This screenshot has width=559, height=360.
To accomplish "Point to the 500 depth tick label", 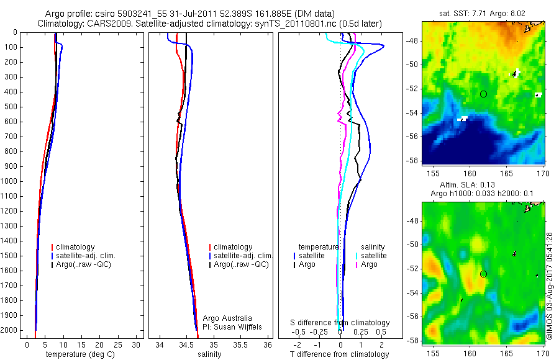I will click(10, 107).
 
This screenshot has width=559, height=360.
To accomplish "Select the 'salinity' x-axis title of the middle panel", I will click(209, 354).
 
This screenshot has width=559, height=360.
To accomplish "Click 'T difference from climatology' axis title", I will click(339, 354).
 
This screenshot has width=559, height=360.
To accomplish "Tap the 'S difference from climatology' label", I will click(340, 323).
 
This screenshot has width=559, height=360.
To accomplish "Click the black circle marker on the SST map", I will click(483, 94).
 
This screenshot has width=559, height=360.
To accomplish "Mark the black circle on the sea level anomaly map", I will click(483, 274).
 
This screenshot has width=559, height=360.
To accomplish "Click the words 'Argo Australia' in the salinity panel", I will click(227, 318).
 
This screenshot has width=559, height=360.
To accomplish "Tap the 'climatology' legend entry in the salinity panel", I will click(233, 247).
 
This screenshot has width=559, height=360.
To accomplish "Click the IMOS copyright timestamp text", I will click(550, 286).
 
